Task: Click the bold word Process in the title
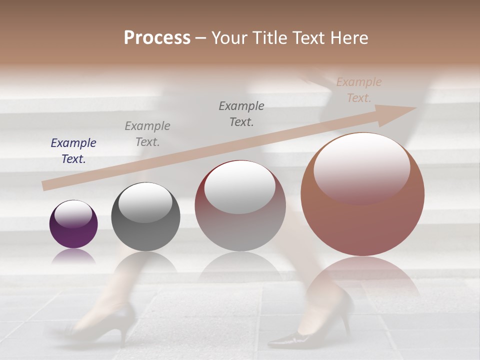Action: coord(157,38)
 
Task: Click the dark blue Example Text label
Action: coord(73,151)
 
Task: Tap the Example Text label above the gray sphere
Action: coord(147,134)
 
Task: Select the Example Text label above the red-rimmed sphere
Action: coord(241,114)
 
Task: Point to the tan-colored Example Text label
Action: coord(359,90)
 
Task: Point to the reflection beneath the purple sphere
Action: coord(73,257)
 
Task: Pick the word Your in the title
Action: coord(228,38)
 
